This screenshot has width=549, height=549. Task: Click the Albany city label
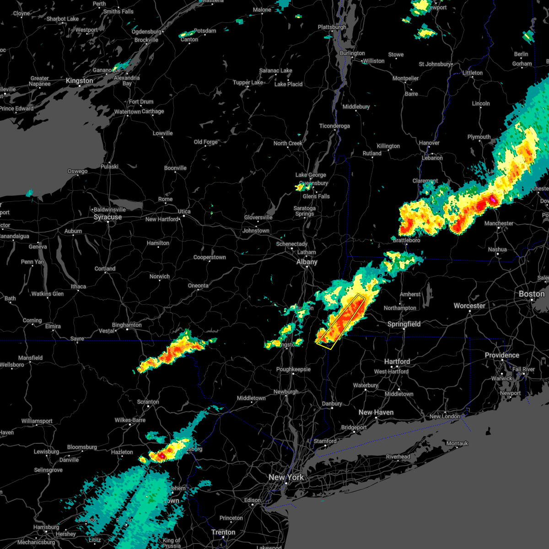307,262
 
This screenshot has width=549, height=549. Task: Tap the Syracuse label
108,217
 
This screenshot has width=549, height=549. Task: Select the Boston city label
532,294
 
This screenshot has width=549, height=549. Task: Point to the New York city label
286,477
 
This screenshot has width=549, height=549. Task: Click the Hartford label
397,361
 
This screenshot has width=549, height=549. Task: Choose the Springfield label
404,324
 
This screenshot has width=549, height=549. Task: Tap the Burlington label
352,54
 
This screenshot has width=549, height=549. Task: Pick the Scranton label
148,402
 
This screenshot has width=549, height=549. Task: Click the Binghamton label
127,325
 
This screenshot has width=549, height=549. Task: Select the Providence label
502,355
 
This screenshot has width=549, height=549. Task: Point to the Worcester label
469,306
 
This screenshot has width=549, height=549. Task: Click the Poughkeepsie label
293,370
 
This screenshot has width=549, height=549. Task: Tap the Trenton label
223,533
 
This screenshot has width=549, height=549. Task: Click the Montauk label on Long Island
457,443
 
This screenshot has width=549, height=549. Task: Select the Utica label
184,211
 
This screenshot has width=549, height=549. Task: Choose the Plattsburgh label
332,27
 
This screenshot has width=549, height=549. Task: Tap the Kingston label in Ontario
79,81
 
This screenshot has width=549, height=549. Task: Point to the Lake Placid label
288,84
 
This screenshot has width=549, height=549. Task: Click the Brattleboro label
406,240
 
